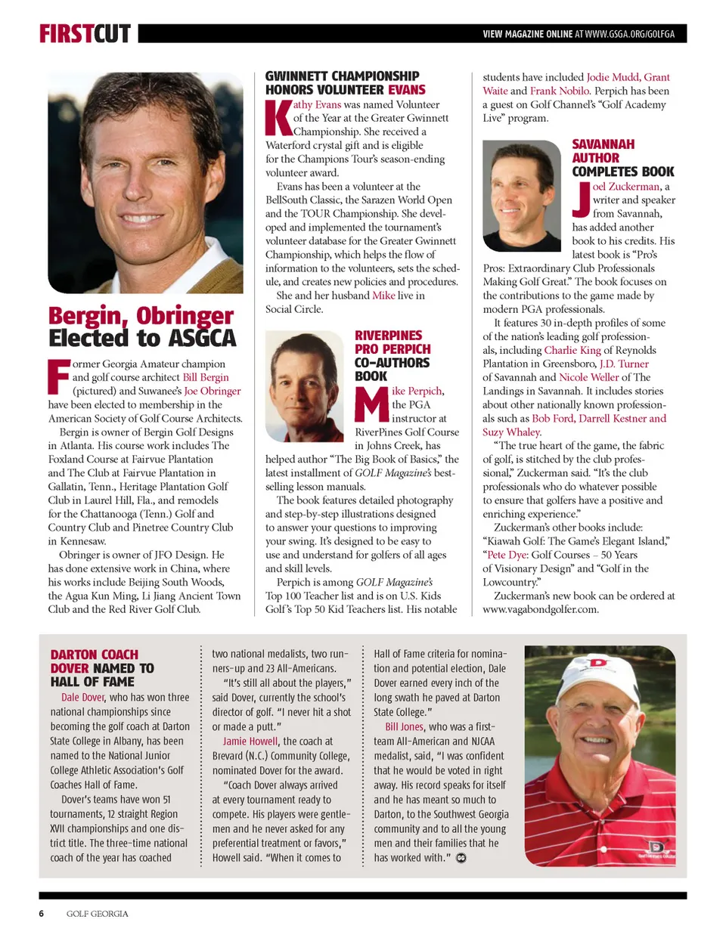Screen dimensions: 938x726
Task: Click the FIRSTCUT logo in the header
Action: [x=85, y=33]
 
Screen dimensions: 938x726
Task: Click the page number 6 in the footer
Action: [x=42, y=913]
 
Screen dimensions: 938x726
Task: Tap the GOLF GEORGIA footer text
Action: [x=97, y=913]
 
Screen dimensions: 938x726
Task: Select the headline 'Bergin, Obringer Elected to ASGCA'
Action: [x=142, y=327]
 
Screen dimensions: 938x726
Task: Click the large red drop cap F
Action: [x=58, y=376]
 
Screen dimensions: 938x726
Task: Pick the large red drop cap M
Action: [x=371, y=404]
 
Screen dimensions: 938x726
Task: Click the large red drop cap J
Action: [x=581, y=199]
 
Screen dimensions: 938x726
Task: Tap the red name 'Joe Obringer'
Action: [x=213, y=391]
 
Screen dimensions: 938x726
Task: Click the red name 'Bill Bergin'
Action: [x=206, y=377]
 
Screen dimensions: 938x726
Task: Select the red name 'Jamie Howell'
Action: [x=250, y=741]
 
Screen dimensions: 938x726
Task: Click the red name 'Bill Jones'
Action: [x=404, y=726]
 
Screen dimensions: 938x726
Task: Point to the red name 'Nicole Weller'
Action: [x=588, y=377]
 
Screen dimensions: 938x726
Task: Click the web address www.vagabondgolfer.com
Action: [x=540, y=609]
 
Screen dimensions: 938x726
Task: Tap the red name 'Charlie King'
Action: [x=572, y=350]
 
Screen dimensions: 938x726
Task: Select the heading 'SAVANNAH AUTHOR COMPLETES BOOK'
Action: [x=622, y=158]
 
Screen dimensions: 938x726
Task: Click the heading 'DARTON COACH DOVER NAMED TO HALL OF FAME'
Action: [x=102, y=667]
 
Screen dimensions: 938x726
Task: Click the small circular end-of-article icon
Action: [x=461, y=858]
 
